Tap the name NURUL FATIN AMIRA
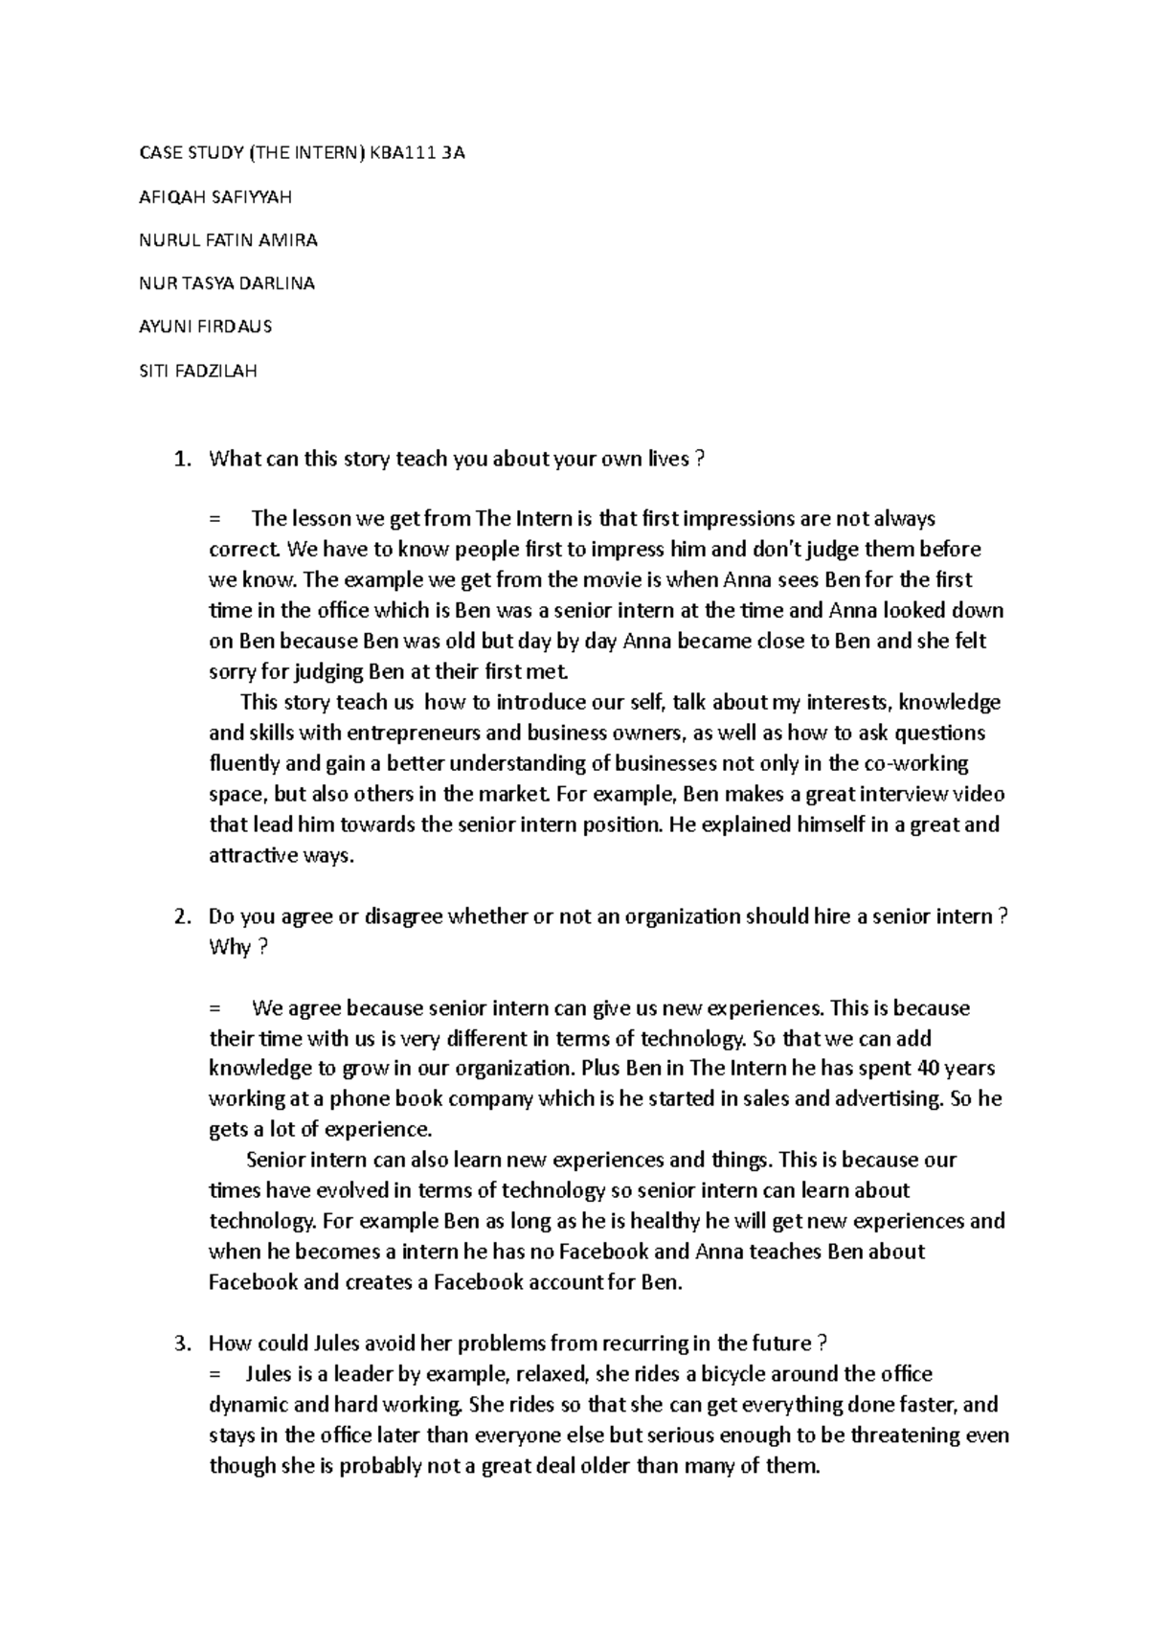coord(228,240)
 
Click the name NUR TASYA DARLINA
coord(227,283)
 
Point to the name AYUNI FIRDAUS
coord(206,327)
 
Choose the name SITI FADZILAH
coord(198,371)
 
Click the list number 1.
coord(181,460)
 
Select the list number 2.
coord(181,917)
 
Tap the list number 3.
coord(181,1344)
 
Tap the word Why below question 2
coord(230,948)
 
